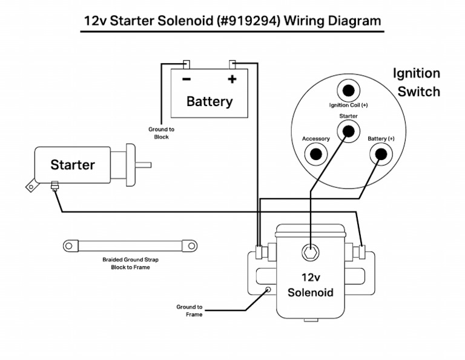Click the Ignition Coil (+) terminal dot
(x=348, y=91)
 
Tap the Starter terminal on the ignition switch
(x=348, y=130)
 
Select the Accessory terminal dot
(x=315, y=154)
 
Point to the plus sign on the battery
(x=231, y=79)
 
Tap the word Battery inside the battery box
(x=209, y=101)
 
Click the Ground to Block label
(x=161, y=133)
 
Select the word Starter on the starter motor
(x=72, y=165)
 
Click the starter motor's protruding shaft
(x=143, y=164)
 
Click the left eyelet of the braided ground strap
(x=69, y=246)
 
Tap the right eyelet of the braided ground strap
(x=191, y=246)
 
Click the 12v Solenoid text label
(x=310, y=285)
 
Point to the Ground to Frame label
(x=190, y=310)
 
